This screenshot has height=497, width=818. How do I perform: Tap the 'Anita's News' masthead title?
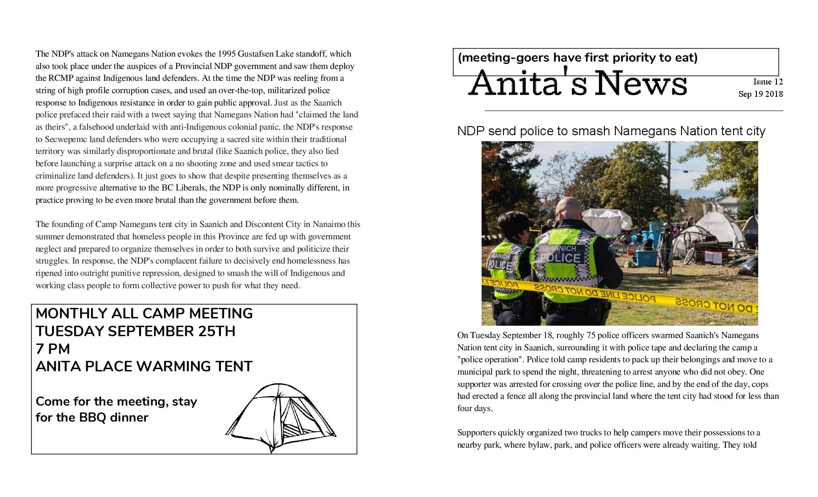577,84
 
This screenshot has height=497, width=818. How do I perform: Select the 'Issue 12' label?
768,82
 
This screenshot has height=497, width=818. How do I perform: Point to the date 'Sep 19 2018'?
760,94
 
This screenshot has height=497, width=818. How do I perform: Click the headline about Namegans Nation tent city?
611,132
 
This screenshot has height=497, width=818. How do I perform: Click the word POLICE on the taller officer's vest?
560,258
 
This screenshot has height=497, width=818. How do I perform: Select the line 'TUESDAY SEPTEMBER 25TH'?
135,331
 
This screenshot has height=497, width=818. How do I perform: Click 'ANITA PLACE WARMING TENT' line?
144,366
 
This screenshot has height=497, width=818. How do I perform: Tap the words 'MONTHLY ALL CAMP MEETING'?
144,313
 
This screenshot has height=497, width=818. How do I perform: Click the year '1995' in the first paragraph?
227,54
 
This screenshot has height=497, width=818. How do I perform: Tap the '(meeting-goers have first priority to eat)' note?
577,58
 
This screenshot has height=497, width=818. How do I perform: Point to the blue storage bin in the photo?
647,258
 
